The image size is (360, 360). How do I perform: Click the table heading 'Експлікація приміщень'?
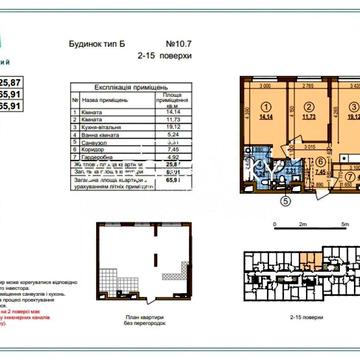pos(120,89)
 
